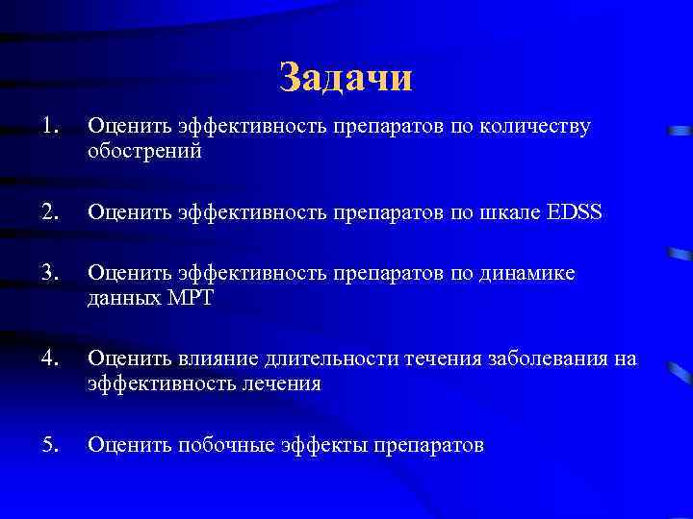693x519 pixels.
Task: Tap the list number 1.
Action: coord(50,126)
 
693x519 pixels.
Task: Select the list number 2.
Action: coord(51,211)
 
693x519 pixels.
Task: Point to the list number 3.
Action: coord(51,273)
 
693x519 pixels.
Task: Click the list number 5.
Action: coord(51,444)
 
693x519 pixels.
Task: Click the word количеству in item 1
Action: coord(533,127)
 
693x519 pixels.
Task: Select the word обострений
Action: coord(145,152)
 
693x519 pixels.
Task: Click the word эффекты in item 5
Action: coord(320,445)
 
